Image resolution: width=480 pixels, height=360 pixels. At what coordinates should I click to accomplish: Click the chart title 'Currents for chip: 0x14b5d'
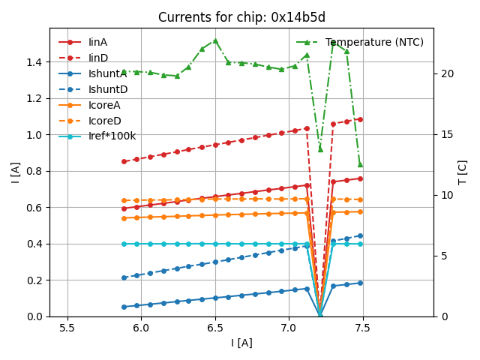241,17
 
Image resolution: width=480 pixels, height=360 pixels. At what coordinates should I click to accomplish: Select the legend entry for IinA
98,42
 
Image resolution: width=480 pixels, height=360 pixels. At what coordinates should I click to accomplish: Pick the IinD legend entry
98,58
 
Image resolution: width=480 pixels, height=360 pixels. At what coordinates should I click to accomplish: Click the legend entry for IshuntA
107,73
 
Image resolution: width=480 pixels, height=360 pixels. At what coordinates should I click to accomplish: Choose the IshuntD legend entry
107,89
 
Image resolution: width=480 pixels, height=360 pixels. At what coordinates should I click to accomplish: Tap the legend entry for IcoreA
104,105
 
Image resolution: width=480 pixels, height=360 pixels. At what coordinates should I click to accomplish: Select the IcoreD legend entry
104,121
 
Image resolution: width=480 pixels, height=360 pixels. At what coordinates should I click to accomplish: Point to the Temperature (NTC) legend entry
374,42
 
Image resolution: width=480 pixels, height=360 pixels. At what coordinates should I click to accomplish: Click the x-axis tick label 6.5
215,328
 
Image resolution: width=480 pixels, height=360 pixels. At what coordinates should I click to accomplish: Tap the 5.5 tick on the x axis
67,328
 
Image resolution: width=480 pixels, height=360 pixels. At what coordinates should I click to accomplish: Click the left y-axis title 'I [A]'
15,172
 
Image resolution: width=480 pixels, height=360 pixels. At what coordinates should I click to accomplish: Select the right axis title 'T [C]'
463,172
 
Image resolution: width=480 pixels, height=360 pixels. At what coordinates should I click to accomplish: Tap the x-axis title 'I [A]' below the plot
241,343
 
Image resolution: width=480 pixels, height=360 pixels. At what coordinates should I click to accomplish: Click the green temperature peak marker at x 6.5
215,40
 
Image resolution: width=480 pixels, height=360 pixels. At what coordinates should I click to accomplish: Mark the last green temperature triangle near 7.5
360,163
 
